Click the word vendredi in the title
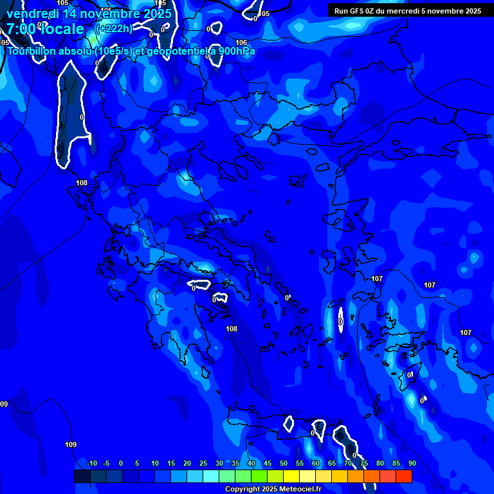pos(33,14)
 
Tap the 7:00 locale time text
pos(45,29)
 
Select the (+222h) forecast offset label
pos(114,28)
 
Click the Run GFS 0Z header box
pos(407,10)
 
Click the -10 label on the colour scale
pos(92,463)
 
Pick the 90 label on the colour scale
pos(412,463)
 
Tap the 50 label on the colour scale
pos(284,463)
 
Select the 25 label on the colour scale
pos(203,463)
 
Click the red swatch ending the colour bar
pos(404,476)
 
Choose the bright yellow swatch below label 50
pos(291,476)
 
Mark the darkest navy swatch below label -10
pos(82,476)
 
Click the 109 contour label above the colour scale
pos(71,444)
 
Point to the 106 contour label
pos(241,42)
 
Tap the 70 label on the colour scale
pos(348,463)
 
